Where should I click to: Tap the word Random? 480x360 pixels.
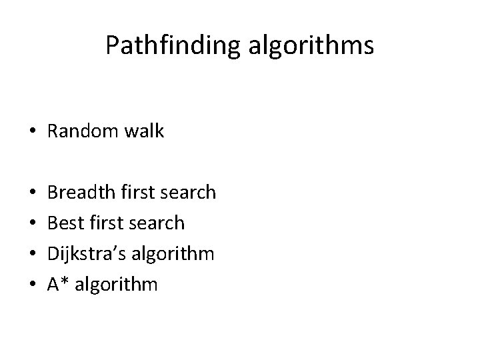pyautogui.click(x=81, y=132)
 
